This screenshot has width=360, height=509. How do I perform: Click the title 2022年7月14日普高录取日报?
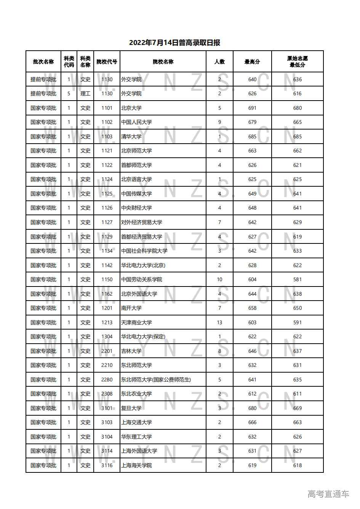click(174, 43)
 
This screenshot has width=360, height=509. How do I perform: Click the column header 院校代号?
click(107, 62)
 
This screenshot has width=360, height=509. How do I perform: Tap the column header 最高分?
click(252, 62)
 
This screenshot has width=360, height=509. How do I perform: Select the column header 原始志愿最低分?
click(297, 62)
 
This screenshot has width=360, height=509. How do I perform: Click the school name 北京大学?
click(131, 108)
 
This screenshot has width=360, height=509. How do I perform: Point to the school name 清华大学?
click(131, 137)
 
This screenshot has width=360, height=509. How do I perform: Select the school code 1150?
click(107, 280)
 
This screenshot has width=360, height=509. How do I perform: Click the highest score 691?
click(252, 108)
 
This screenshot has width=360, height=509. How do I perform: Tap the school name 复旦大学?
click(131, 408)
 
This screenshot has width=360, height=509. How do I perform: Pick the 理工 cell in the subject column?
click(85, 94)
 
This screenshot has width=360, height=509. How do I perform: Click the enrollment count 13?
click(219, 323)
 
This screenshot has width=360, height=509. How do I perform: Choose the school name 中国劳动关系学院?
click(142, 280)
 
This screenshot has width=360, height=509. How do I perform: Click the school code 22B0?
click(107, 380)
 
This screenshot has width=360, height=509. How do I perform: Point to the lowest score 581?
click(297, 280)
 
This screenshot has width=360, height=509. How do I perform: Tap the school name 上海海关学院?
click(136, 466)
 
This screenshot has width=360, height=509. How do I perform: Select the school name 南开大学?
click(131, 308)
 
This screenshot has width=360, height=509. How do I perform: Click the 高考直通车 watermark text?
click(328, 494)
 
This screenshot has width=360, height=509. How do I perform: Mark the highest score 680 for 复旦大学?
click(252, 408)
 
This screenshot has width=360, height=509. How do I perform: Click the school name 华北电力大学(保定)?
click(143, 337)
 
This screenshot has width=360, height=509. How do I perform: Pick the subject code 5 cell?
click(69, 94)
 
